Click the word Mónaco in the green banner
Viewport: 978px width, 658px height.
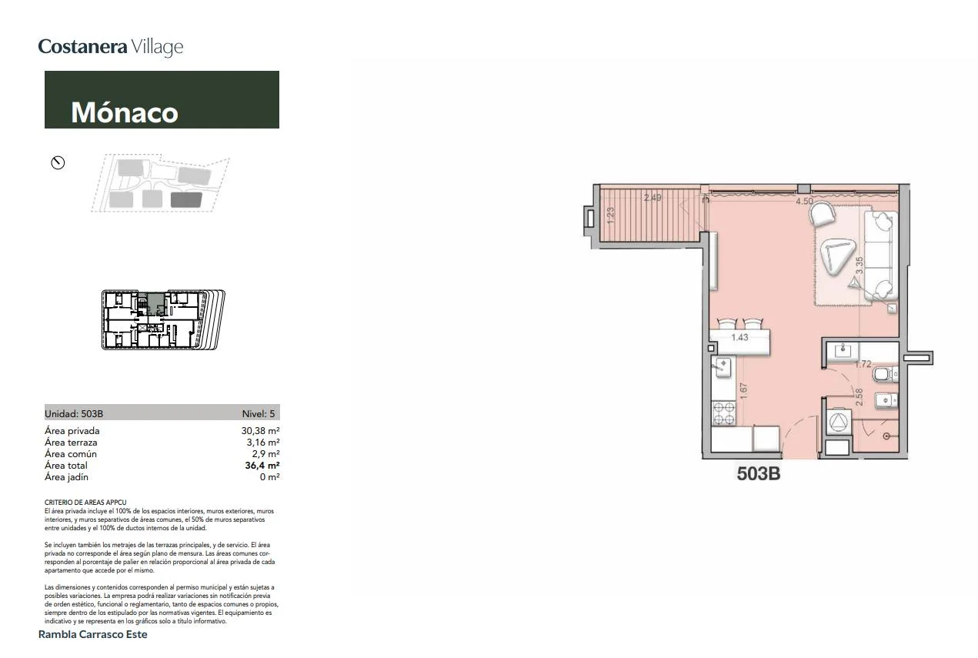point(125,112)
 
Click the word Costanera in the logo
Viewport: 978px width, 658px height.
point(82,46)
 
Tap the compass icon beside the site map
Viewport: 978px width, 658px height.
point(58,163)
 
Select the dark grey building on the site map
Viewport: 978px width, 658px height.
point(186,199)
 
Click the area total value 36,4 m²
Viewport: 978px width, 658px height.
point(262,466)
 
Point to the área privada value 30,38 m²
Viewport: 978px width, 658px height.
point(260,431)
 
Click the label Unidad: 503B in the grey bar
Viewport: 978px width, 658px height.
point(74,413)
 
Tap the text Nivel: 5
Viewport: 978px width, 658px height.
point(259,413)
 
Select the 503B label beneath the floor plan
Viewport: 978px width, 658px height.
point(759,474)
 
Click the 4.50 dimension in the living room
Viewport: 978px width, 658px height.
point(804,202)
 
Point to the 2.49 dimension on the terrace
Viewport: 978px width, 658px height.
point(653,198)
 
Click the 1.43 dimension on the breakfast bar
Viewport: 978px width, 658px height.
point(739,337)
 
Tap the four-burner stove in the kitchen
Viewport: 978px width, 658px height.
point(723,413)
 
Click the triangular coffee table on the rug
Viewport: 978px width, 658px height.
point(836,256)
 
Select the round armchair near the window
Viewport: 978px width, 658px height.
point(823,214)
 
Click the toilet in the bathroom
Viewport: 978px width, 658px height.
point(885,374)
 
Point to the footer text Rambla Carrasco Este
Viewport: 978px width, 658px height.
point(92,634)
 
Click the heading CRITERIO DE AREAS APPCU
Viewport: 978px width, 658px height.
point(85,503)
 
